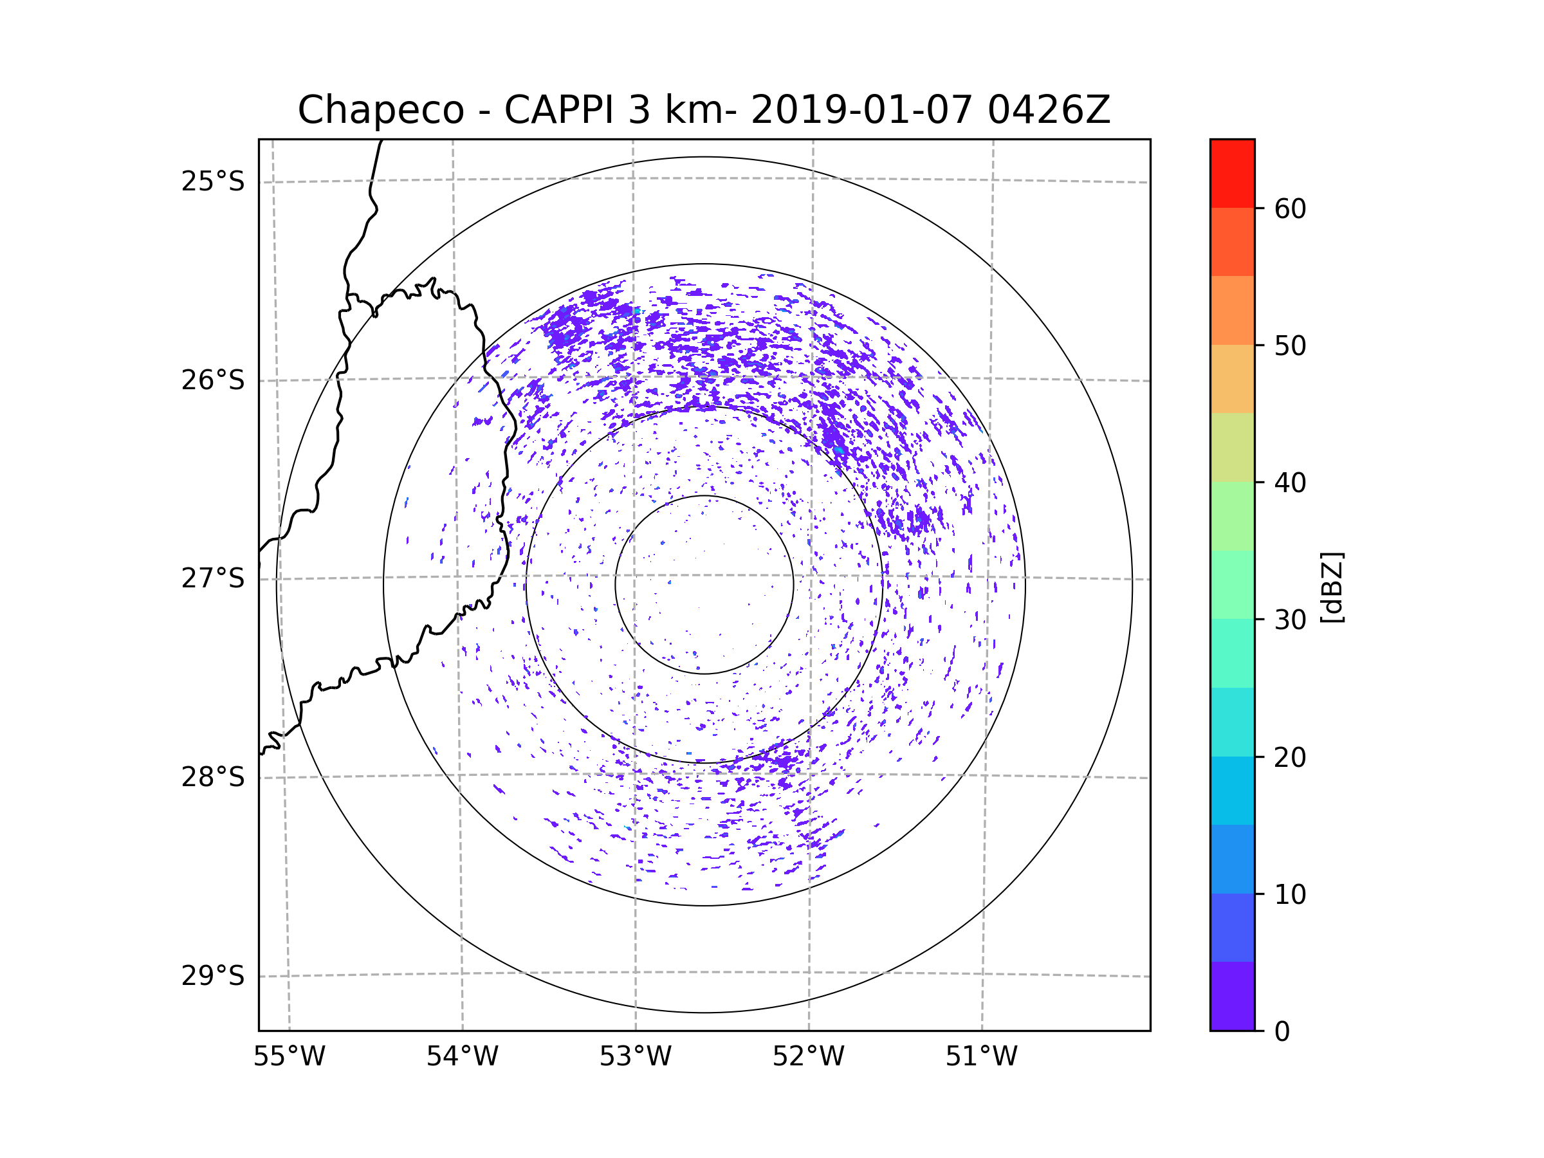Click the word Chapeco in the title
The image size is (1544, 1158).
[380, 110]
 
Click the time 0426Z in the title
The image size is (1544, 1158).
[1048, 110]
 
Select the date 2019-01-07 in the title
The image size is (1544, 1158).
[861, 110]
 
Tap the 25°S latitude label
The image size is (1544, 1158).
[213, 181]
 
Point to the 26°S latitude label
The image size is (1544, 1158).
[213, 380]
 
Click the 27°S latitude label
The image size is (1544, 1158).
[213, 578]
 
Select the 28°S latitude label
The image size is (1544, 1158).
[213, 777]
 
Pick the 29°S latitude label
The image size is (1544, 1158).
[213, 976]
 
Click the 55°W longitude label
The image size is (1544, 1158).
[289, 1057]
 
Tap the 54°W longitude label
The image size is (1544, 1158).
[462, 1057]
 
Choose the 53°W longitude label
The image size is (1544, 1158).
[635, 1057]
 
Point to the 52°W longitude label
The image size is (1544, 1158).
[808, 1057]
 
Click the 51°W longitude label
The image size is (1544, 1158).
[981, 1057]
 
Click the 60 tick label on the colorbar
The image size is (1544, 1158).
[1290, 208]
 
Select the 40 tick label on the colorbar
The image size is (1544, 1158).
[1290, 483]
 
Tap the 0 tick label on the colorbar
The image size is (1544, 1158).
[1282, 1032]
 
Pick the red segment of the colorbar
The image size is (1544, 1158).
[1232, 173]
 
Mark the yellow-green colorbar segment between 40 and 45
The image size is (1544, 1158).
[1232, 447]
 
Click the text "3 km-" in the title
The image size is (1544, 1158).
[682, 110]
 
